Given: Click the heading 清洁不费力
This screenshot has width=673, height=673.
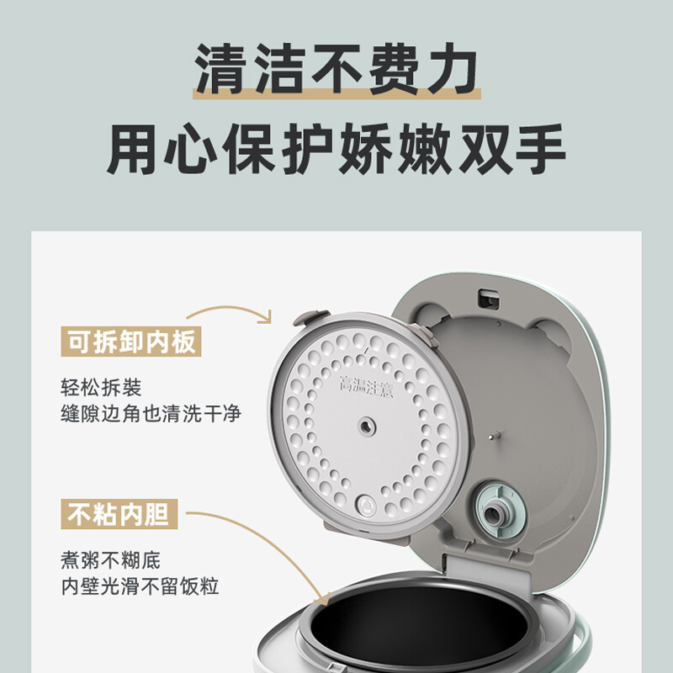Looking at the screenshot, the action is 336,69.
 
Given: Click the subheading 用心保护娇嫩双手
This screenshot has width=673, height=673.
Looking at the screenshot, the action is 336,149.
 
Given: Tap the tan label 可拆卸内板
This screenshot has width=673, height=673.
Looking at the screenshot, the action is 131,342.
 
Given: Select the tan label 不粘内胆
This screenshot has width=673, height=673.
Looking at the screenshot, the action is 119,514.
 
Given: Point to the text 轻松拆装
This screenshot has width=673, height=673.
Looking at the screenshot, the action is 101,388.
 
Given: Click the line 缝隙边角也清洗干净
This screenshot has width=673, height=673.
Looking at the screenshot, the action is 151,413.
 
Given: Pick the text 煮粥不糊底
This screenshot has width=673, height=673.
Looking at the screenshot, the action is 111,560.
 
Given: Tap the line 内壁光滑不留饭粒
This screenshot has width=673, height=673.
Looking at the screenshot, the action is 140,586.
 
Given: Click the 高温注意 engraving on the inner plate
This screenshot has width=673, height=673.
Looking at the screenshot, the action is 366,386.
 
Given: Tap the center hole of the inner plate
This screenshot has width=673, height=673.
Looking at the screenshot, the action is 367,427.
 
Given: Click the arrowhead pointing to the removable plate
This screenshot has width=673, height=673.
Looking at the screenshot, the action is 267,317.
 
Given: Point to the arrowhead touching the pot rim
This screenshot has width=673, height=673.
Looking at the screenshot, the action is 323,599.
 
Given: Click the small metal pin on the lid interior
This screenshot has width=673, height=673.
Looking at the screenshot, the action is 495,436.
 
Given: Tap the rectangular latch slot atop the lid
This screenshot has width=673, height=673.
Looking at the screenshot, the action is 489,299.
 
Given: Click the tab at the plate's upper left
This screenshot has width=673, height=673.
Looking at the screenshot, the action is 310,318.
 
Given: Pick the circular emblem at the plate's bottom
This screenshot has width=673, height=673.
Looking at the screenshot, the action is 367,506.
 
